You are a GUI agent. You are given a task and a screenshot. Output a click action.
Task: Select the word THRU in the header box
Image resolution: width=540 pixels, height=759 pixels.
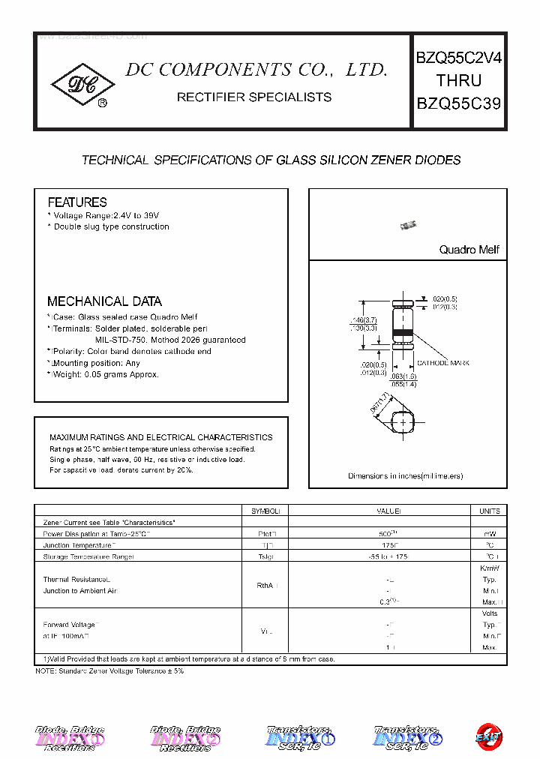coord(459,81)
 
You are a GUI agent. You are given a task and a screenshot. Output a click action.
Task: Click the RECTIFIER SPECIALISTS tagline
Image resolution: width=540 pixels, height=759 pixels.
coord(253,97)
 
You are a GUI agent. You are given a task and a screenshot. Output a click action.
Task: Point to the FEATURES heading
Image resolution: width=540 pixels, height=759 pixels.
coord(77,202)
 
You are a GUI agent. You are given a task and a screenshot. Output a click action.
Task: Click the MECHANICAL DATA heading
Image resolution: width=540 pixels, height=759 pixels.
coord(104,301)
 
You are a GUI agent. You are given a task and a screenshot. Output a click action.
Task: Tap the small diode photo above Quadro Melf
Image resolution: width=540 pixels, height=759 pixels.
coord(408,225)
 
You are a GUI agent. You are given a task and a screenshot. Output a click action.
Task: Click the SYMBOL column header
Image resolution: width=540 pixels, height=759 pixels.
coord(265,511)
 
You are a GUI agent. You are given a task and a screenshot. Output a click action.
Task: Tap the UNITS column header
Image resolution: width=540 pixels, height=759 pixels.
coord(489,511)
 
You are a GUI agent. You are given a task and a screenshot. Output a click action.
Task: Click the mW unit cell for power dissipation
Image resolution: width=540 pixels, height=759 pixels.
coord(489,533)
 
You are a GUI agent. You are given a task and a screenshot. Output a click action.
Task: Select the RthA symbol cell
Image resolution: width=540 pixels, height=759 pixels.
coord(265,585)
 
